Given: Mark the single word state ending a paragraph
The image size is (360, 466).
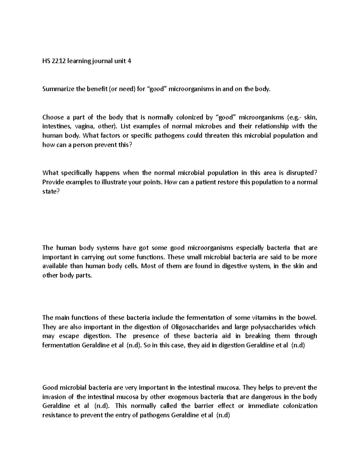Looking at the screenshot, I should point(49,191).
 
